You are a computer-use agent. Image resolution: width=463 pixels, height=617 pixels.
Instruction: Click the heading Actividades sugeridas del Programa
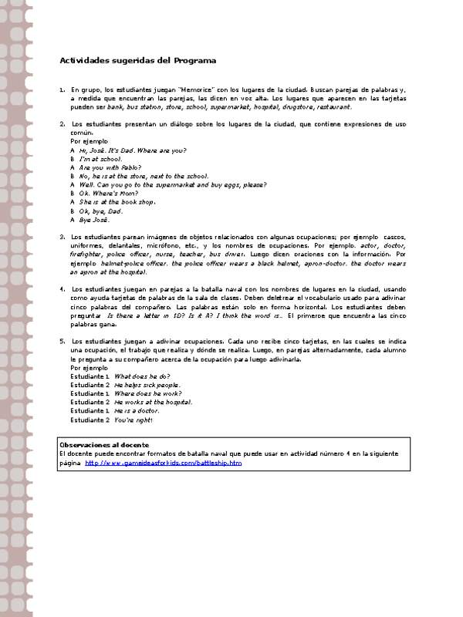coord(138,60)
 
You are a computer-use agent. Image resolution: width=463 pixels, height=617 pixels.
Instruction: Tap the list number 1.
coord(62,89)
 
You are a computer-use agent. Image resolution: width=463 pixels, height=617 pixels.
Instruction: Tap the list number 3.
coord(62,236)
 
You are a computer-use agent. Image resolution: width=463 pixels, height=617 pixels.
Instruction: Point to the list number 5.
coord(62,340)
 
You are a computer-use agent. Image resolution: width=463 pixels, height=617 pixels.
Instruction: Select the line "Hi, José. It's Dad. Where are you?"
coord(132,150)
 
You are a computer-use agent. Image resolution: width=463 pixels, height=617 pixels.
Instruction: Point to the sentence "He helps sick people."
coord(147,384)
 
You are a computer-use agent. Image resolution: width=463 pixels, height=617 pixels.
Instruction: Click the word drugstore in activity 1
coord(296,106)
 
